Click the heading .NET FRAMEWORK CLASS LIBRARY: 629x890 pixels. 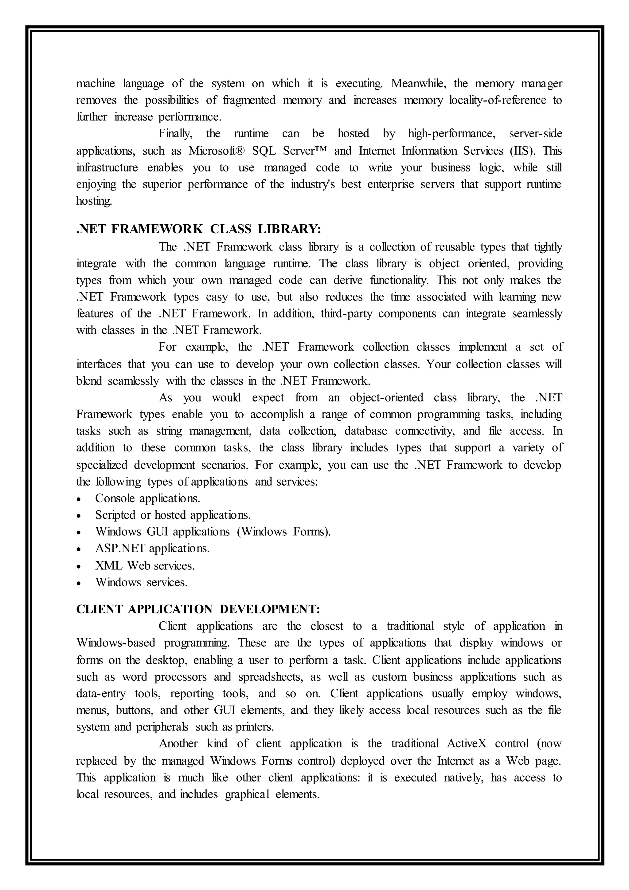tap(199, 229)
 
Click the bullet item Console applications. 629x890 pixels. tap(147, 498)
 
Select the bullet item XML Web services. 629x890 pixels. tap(145, 565)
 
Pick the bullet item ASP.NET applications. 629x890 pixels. tap(152, 549)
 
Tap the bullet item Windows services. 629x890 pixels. tap(141, 582)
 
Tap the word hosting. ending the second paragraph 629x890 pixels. tap(94, 201)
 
